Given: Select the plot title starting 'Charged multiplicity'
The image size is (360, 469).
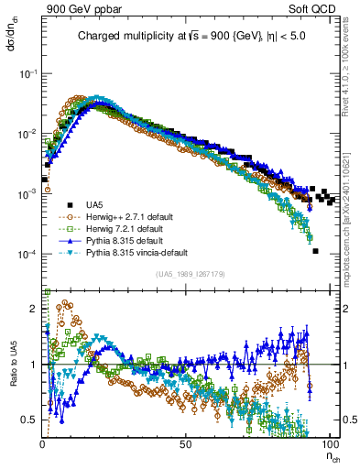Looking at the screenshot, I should point(182,37).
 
